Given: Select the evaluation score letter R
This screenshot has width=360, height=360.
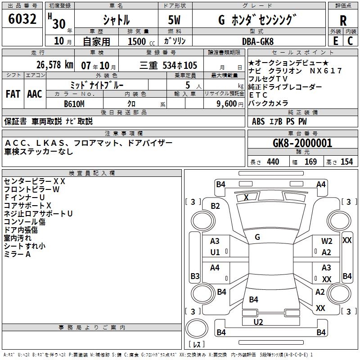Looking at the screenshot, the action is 343,21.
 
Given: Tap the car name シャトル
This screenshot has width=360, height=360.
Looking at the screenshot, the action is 116,20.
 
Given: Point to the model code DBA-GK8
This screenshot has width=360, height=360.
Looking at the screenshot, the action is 257,41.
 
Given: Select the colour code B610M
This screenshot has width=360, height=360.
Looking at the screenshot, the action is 75,103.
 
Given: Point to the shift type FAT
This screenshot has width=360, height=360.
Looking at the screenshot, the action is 13,94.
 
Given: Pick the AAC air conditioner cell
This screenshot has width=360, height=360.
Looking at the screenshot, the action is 35,94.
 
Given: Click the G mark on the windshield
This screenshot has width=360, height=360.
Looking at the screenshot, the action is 257,237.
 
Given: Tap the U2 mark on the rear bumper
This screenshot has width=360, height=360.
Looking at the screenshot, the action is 258,322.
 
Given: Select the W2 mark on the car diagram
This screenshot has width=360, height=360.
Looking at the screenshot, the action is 327,242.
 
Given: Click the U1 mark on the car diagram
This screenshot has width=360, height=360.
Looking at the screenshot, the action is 215,252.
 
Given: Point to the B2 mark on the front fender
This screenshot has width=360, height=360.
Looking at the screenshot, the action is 216,206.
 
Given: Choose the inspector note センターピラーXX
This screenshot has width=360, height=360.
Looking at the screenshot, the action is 35,181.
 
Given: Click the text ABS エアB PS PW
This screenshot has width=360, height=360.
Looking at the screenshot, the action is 280,121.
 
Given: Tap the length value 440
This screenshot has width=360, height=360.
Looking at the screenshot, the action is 273,162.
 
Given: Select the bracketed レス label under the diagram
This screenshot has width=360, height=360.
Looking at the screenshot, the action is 196,344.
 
